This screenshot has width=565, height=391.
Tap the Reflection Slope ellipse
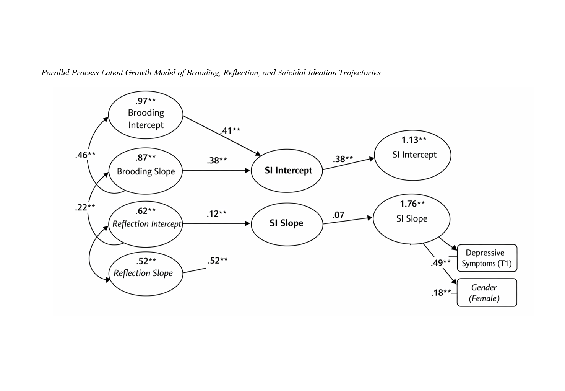tap(146, 273)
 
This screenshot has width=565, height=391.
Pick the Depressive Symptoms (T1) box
tap(487, 258)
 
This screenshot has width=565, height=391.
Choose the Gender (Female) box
tap(487, 293)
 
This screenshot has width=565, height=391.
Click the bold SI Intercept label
tap(288, 170)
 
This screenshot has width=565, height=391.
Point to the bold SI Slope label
tap(286, 223)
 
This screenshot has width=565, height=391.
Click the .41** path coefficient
tap(230, 130)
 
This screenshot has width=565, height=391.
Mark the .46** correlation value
tap(85, 155)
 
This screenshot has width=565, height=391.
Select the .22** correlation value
tap(85, 207)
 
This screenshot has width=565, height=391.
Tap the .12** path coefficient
tap(216, 214)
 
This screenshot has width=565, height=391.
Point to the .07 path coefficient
tap(338, 215)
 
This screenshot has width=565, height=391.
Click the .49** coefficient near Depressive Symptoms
tap(440, 263)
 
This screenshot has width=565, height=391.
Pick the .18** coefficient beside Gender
tap(441, 293)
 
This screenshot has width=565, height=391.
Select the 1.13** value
tap(414, 140)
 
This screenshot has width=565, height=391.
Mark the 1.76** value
tap(412, 204)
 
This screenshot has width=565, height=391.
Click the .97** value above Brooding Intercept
tap(145, 101)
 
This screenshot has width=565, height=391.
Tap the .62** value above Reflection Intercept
tap(145, 211)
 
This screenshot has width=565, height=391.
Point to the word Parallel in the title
tap(55, 73)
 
